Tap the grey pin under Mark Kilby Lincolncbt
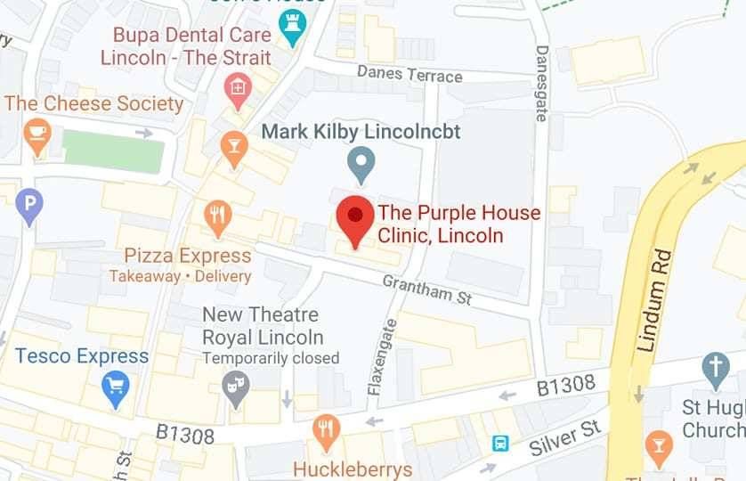point(361,165)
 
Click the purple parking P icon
point(29,208)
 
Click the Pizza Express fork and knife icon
point(218,215)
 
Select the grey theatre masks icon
point(236,388)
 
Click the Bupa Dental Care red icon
point(237,87)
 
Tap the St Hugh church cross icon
point(715,366)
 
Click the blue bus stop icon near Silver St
point(502,443)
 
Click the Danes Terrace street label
point(409,73)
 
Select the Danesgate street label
point(540,83)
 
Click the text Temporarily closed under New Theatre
point(271,358)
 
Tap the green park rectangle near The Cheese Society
point(114,151)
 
